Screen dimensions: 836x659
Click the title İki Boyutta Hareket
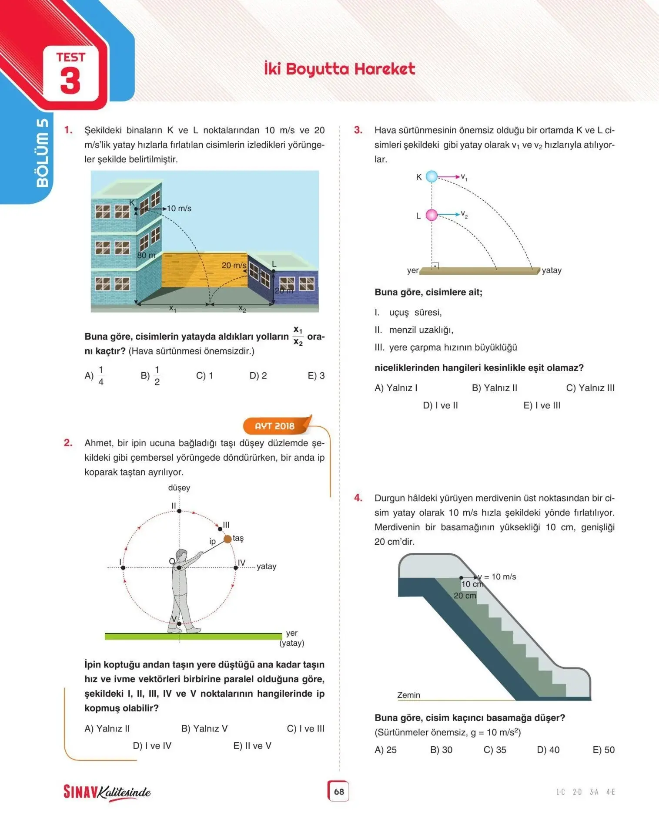pos(339,69)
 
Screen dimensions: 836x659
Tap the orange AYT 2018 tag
pos(275,426)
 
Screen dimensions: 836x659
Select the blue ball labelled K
pos(432,176)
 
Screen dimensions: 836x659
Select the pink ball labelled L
pos(432,215)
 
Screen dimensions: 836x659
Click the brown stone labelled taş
pos(227,539)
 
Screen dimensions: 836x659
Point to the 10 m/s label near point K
pos(179,209)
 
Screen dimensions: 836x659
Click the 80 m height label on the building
pos(146,255)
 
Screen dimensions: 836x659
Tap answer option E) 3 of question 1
pos(316,375)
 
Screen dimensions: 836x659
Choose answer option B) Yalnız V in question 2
pos(204,728)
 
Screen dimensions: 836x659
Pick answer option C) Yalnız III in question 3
pos(590,388)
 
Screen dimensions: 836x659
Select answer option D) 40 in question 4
pos(548,750)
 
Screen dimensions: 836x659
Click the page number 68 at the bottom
pos(339,791)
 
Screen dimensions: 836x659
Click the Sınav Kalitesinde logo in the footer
pos(107,792)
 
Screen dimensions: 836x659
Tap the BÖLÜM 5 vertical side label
pos(42,152)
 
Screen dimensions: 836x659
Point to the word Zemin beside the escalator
pos(408,695)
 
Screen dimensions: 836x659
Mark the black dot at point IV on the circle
pos(236,568)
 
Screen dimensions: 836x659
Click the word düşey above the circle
pos(179,488)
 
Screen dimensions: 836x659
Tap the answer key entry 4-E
pos(610,792)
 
